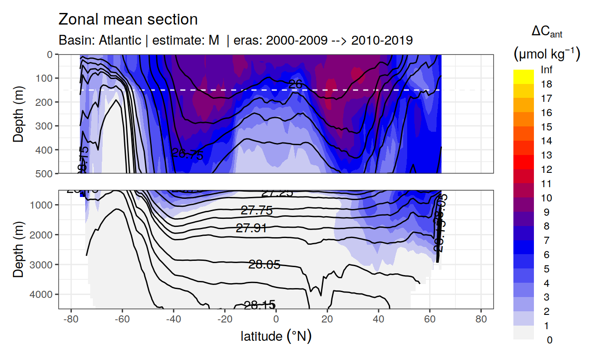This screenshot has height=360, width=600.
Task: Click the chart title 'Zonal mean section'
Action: click(128, 20)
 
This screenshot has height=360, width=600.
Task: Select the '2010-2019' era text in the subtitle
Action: click(382, 40)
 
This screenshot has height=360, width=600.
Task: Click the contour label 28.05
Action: click(264, 265)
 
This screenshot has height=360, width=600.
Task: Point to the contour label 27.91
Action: click(251, 228)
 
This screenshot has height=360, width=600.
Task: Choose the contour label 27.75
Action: click(256, 211)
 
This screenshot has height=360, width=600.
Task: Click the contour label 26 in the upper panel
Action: click(296, 84)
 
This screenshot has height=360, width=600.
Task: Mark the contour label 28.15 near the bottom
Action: click(259, 306)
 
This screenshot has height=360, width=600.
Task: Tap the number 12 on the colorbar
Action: click(546, 170)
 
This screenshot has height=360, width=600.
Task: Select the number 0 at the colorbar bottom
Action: click(549, 340)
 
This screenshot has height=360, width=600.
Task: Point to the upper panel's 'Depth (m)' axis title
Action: click(18, 113)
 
